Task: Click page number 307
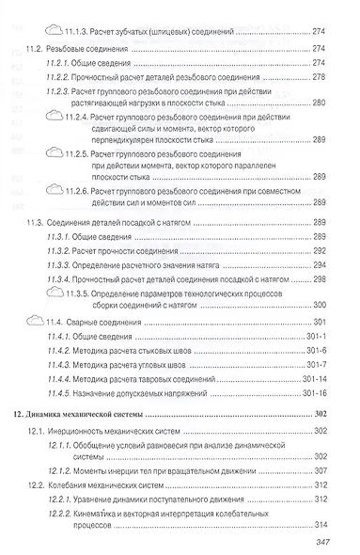tap(318, 469)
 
